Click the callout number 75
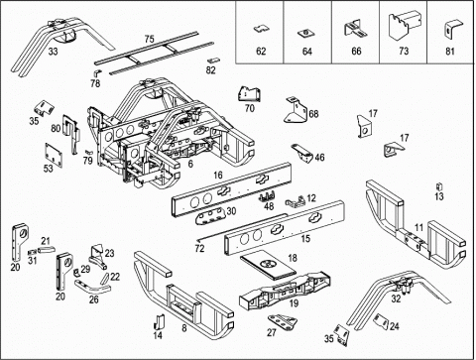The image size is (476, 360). pos(149,39)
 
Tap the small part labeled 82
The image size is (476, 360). pos(213,60)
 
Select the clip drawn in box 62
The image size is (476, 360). pos(261,29)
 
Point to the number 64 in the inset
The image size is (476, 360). pos(307,52)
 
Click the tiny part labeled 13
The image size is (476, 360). pos(439,186)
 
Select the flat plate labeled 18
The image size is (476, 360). pos(268,266)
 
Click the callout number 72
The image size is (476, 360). pos(199,248)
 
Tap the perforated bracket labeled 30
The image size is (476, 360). pos(210,216)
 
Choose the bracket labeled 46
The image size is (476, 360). pos(302,153)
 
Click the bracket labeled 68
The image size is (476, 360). pos(296,110)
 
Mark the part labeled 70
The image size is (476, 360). pos(249,94)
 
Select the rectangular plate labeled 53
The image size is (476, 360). pos(54,155)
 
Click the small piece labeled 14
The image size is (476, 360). pos(160,321)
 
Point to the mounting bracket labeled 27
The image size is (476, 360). pos(283,321)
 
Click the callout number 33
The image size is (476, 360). pos(53,52)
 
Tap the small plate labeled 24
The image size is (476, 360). pos(381,321)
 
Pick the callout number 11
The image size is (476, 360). pos(418,227)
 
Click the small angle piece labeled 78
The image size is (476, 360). pos(98,73)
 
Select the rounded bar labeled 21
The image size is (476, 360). pos(47,250)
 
